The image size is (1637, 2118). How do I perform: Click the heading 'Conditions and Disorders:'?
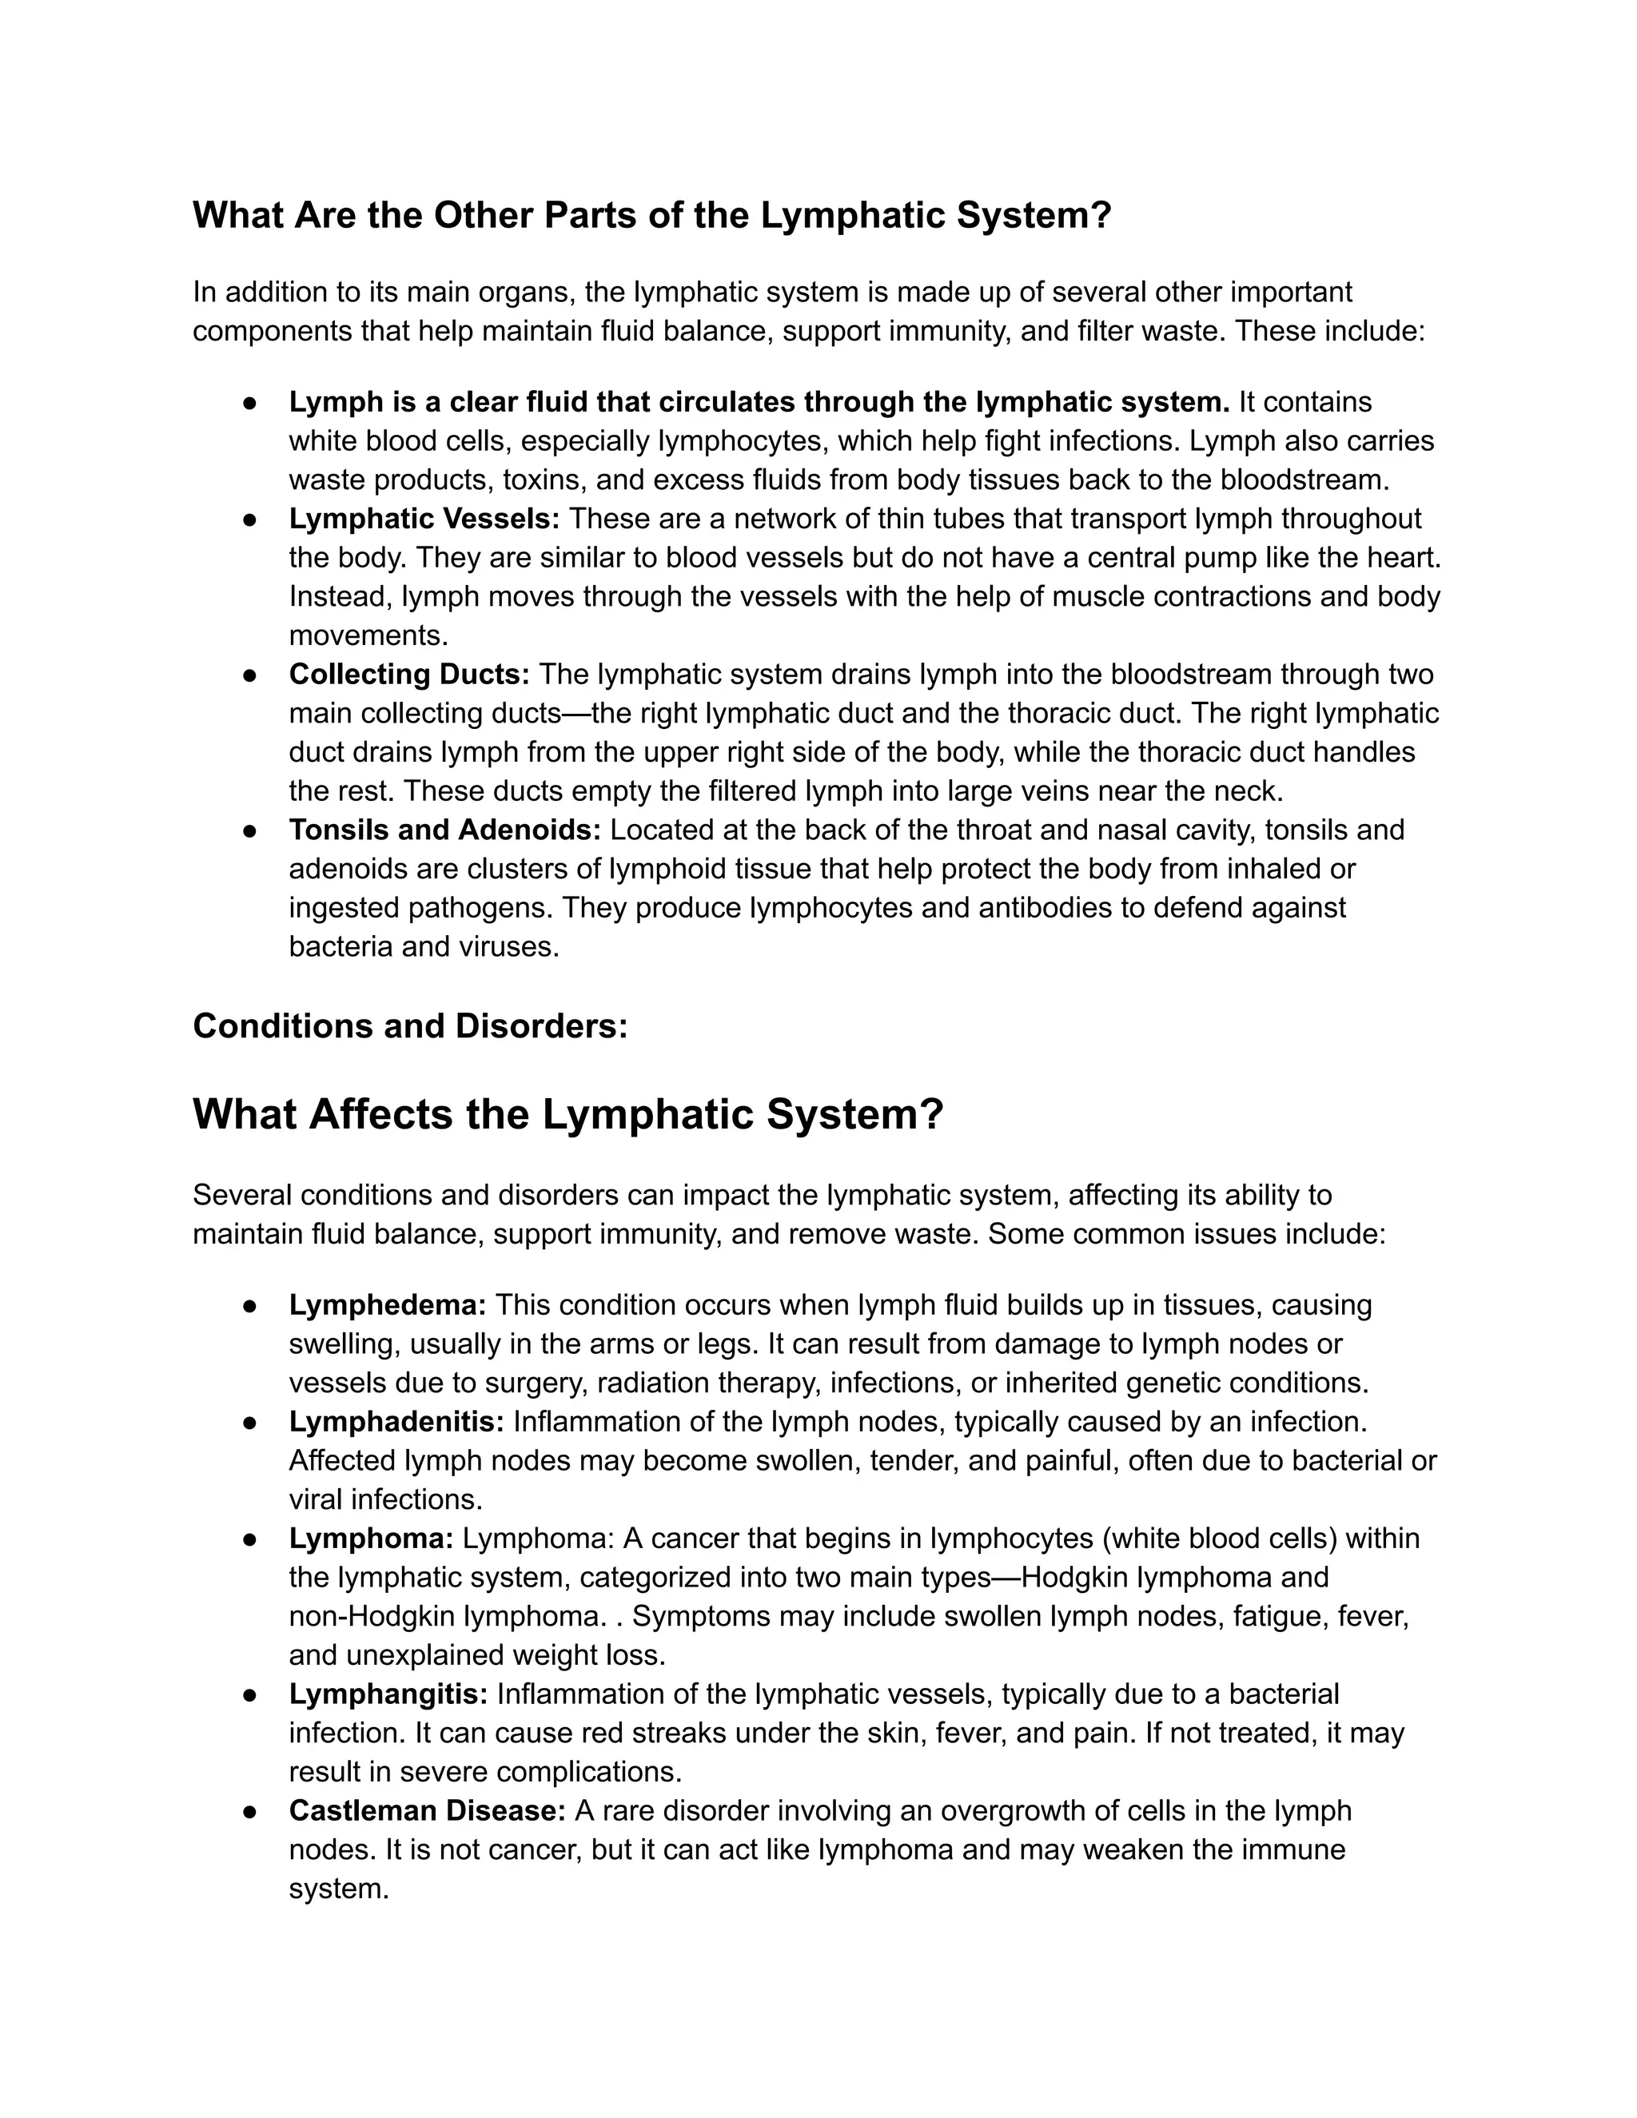tap(410, 1026)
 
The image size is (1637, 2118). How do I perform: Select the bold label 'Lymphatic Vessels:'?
tap(424, 519)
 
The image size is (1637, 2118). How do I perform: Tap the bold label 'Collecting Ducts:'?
tap(409, 674)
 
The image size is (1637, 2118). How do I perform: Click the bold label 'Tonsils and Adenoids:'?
tap(445, 830)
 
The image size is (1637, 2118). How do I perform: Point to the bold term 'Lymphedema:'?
tap(388, 1305)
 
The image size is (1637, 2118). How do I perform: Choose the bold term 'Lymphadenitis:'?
tap(396, 1422)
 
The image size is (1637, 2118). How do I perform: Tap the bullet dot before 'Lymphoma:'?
tap(249, 1539)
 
